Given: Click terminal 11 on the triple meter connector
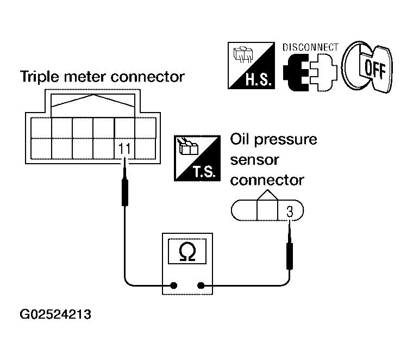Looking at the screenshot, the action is [x=124, y=149].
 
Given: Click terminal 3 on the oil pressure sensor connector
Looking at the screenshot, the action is [x=290, y=212].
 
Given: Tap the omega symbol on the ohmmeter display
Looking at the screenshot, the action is [x=187, y=252].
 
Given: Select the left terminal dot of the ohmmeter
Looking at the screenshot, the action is [x=173, y=285].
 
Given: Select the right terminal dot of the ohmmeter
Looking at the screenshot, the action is [x=201, y=285].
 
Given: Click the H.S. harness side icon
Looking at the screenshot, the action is [x=251, y=65].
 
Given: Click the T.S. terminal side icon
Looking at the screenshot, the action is [x=197, y=158].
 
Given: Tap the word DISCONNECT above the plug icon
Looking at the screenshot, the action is [x=310, y=47].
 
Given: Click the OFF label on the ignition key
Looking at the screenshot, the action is [x=375, y=69].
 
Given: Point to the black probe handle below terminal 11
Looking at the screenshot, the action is [x=125, y=193].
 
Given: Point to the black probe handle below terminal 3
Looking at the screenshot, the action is [x=290, y=256].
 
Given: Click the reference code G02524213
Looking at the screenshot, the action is [x=55, y=314].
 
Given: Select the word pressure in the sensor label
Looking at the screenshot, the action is [x=286, y=140].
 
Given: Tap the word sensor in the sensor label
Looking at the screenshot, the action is [x=254, y=160].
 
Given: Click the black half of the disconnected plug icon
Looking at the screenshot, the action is [x=295, y=72].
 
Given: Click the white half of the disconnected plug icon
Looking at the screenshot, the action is [x=324, y=72].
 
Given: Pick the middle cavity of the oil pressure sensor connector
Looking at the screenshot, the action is [x=267, y=210].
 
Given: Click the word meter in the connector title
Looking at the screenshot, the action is [x=85, y=77].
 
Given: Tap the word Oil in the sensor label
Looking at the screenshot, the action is [x=240, y=139].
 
